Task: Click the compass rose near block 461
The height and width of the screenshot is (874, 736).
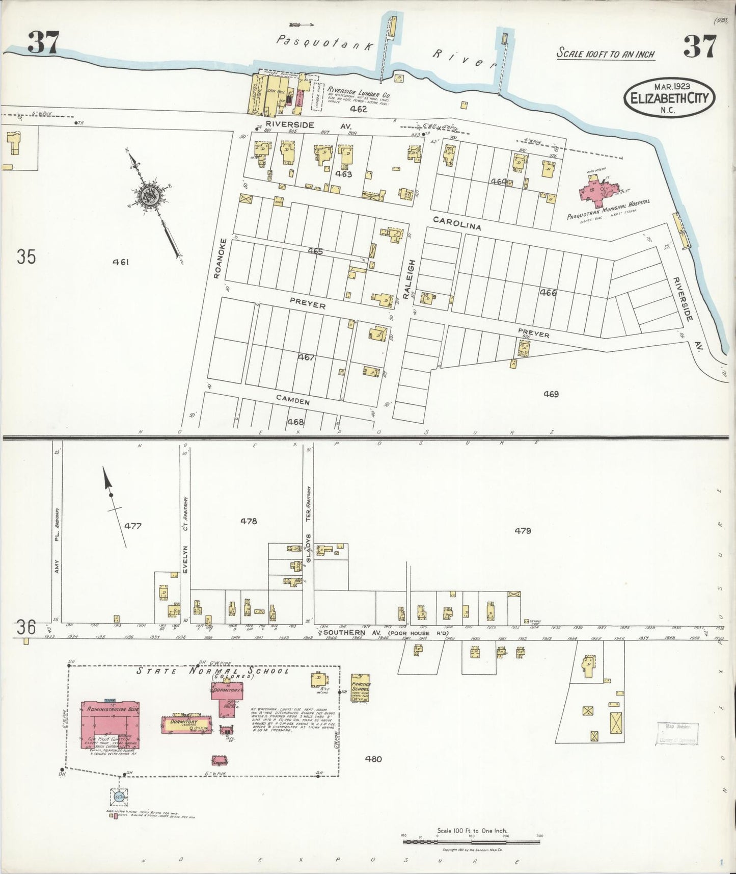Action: click(150, 195)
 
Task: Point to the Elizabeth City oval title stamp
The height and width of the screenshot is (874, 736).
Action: click(669, 97)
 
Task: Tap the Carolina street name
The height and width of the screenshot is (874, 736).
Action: click(457, 223)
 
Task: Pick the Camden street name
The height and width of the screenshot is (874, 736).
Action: click(293, 401)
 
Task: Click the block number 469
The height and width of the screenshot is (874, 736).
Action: click(551, 394)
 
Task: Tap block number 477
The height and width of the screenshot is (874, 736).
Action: click(132, 526)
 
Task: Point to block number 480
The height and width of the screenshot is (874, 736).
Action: click(373, 759)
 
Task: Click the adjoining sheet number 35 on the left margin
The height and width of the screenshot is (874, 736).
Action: click(26, 256)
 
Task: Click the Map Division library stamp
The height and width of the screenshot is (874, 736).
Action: click(677, 734)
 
